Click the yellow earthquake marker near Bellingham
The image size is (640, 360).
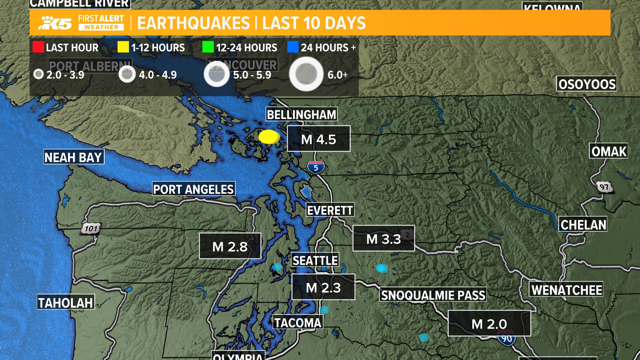[269, 137]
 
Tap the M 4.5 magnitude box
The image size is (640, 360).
[319, 139]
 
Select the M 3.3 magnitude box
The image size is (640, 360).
[384, 239]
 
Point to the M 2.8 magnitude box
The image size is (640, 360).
[230, 246]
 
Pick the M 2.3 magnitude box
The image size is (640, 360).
[323, 287]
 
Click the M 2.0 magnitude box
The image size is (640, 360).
[489, 323]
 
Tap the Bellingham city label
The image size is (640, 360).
[302, 115]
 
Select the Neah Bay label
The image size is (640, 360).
[74, 157]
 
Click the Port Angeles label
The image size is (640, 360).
[194, 189]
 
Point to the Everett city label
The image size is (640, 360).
[330, 210]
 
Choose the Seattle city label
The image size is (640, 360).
[315, 260]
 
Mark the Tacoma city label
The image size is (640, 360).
[298, 323]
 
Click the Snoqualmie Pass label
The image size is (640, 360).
[433, 295]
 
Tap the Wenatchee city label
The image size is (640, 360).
[566, 290]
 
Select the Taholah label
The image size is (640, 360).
[66, 303]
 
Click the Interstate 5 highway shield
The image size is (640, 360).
[316, 167]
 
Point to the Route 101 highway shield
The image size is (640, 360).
[91, 229]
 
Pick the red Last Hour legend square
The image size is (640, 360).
[38, 47]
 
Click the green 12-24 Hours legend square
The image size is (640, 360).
[208, 47]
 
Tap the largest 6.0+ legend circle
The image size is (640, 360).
[306, 74]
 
